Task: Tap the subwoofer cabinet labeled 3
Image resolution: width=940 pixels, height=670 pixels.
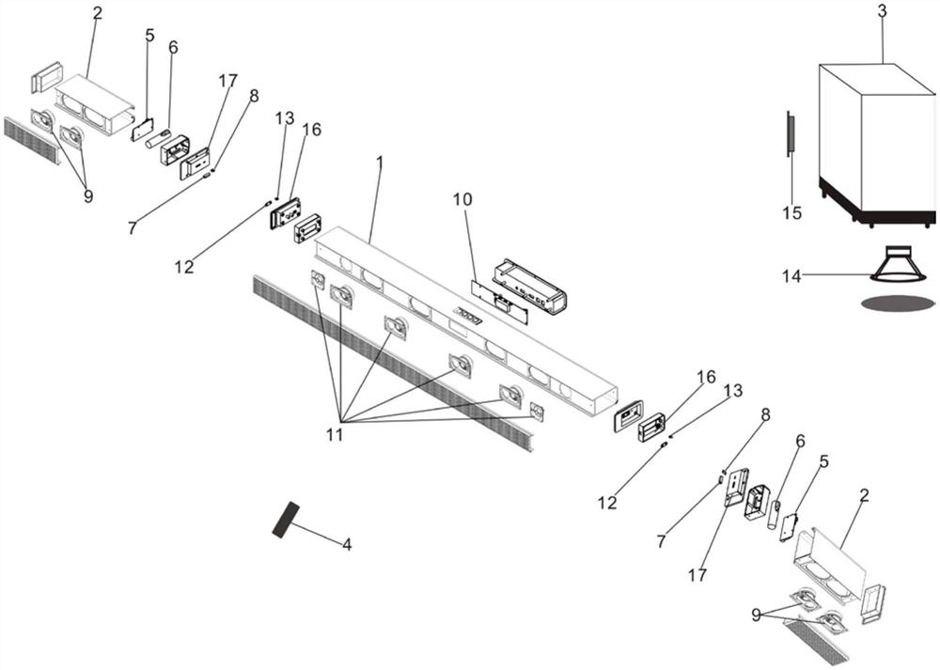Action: click(x=874, y=141)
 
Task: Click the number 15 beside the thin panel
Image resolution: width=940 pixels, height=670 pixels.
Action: click(x=792, y=213)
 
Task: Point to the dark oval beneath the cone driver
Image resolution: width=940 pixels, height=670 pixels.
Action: click(x=898, y=303)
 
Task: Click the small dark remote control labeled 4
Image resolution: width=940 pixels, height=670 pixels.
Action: click(x=285, y=519)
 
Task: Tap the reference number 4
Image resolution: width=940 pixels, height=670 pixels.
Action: click(x=347, y=544)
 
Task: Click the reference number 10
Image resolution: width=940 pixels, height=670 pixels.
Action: click(x=462, y=200)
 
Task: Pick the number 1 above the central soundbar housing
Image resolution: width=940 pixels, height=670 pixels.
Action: click(x=379, y=162)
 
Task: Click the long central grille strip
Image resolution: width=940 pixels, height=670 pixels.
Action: click(x=395, y=366)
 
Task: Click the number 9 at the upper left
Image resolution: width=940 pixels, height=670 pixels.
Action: click(x=88, y=197)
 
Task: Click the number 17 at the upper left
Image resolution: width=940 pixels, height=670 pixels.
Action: click(x=227, y=82)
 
